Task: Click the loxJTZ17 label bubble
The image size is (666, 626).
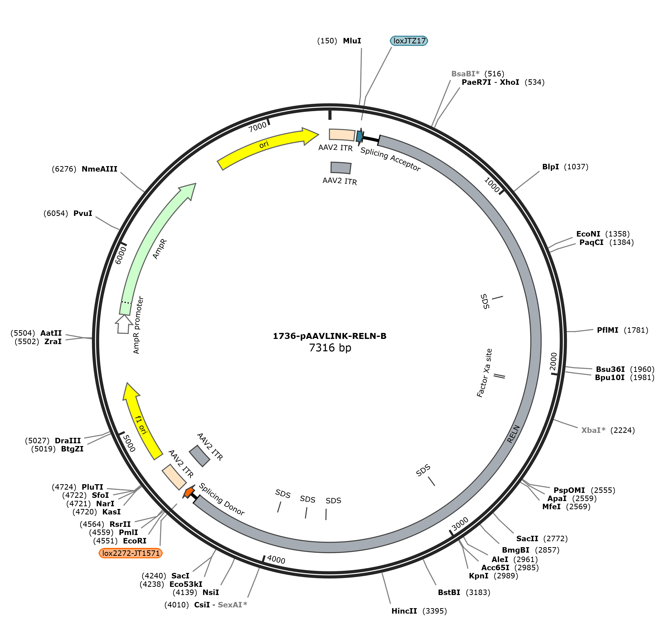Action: click(x=409, y=41)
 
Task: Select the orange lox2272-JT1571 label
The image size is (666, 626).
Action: click(x=131, y=553)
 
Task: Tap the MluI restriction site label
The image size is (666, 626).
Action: click(x=352, y=41)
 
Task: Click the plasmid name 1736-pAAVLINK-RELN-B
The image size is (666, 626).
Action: click(x=330, y=336)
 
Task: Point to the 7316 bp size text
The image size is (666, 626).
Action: click(x=330, y=348)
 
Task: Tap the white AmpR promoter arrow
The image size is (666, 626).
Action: click(x=123, y=324)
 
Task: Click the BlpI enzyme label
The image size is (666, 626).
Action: click(x=550, y=167)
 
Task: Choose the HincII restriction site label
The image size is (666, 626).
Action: click(x=404, y=611)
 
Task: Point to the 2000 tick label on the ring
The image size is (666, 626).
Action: click(x=553, y=361)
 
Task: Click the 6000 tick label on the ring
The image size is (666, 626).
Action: click(x=121, y=255)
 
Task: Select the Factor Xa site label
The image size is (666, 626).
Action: click(x=484, y=373)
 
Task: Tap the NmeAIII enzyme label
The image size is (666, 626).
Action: click(x=99, y=169)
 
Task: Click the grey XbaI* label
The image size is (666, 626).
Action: click(x=593, y=430)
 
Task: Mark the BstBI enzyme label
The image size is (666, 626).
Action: click(x=449, y=592)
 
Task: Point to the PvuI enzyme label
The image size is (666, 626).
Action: click(x=83, y=213)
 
